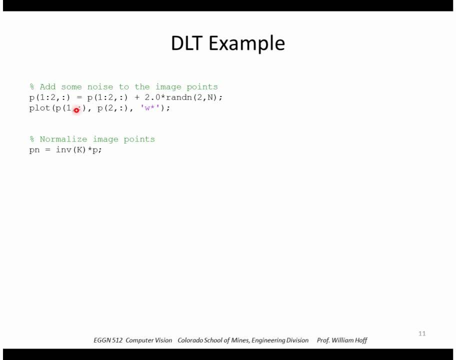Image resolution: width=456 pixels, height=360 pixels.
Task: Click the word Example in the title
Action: click(246, 44)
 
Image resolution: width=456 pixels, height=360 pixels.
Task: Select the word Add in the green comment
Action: click(47, 86)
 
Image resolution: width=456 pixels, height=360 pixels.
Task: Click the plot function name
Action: click(40, 108)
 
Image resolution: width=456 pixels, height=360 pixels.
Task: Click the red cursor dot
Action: click(76, 110)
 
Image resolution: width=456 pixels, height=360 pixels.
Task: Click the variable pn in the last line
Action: click(34, 150)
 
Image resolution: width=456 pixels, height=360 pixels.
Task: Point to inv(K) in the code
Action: click(71, 150)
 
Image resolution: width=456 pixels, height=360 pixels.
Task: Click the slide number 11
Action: click(422, 333)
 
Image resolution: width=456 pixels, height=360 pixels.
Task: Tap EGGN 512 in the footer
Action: click(107, 340)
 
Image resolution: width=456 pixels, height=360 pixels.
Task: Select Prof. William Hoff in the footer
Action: click(342, 340)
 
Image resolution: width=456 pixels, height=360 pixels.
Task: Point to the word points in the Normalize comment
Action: click(139, 139)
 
